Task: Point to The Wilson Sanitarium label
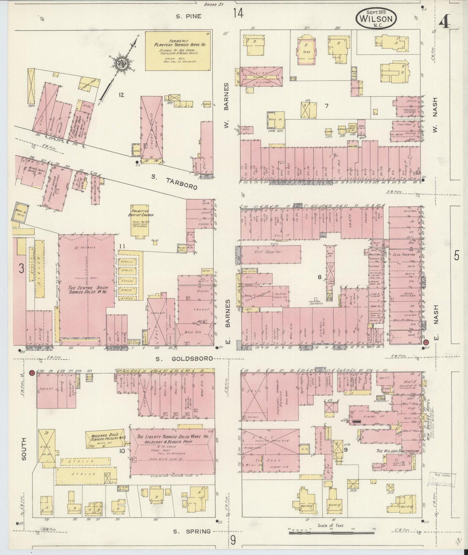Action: pos(397,451)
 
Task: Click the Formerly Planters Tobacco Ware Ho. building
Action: pos(177,51)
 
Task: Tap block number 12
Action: pos(121,95)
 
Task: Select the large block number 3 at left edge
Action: pos(21,268)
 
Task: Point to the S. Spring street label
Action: pos(192,531)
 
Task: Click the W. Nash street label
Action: pos(434,115)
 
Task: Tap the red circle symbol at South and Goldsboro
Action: pos(32,373)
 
